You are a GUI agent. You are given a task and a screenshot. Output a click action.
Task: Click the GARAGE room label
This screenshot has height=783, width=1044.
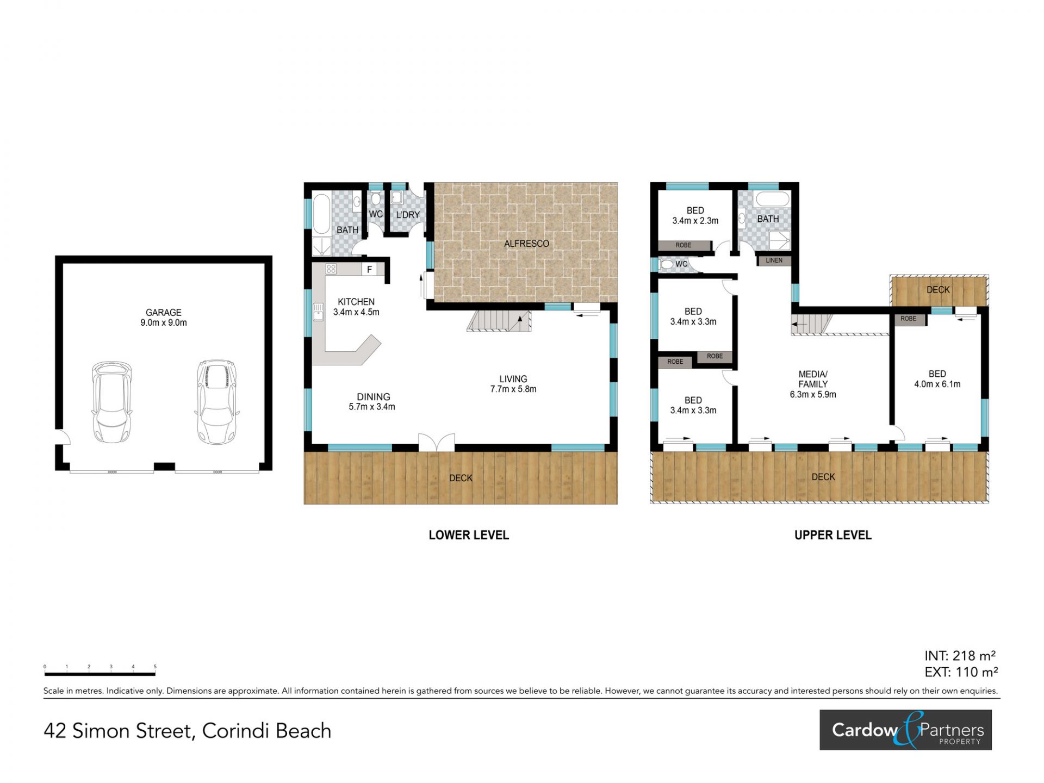pyautogui.click(x=163, y=318)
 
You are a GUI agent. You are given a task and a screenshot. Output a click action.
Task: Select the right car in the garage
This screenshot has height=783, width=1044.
pyautogui.click(x=217, y=401)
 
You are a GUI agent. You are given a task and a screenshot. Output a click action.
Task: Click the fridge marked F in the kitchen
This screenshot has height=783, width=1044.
pyautogui.click(x=370, y=269)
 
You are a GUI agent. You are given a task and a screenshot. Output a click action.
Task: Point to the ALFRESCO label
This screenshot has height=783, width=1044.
pyautogui.click(x=526, y=244)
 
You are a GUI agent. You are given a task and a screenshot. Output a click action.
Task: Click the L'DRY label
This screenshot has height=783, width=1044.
pyautogui.click(x=408, y=215)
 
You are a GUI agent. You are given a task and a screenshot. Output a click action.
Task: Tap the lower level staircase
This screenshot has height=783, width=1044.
pyautogui.click(x=499, y=321)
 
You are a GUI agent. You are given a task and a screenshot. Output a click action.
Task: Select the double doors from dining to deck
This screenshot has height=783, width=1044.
pyautogui.click(x=437, y=442)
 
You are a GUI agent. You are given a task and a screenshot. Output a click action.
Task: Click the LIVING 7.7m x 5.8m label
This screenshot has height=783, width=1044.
pyautogui.click(x=513, y=384)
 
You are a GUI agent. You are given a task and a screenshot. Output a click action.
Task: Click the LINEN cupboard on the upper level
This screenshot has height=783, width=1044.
pyautogui.click(x=774, y=260)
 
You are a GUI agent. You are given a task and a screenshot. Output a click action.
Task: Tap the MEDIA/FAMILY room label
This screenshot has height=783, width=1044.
pyautogui.click(x=813, y=384)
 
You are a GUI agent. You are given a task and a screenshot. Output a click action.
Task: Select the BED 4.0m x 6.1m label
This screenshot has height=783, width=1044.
pyautogui.click(x=937, y=379)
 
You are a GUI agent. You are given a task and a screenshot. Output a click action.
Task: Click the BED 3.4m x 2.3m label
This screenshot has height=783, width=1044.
pyautogui.click(x=695, y=215)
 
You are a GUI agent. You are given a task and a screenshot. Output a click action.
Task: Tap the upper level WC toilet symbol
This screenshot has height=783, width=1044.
pyautogui.click(x=665, y=265)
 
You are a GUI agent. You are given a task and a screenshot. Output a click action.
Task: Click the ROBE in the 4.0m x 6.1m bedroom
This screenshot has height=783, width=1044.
pyautogui.click(x=909, y=319)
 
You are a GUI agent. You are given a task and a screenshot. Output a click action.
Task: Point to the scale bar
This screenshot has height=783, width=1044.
pyautogui.click(x=100, y=674)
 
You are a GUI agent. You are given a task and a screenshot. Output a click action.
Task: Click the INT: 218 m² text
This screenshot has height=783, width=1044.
pyautogui.click(x=960, y=656)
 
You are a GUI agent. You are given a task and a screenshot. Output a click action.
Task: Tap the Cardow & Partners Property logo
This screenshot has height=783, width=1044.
pyautogui.click(x=905, y=730)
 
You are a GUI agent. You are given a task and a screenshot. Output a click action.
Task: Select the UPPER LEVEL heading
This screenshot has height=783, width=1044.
pyautogui.click(x=832, y=535)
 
